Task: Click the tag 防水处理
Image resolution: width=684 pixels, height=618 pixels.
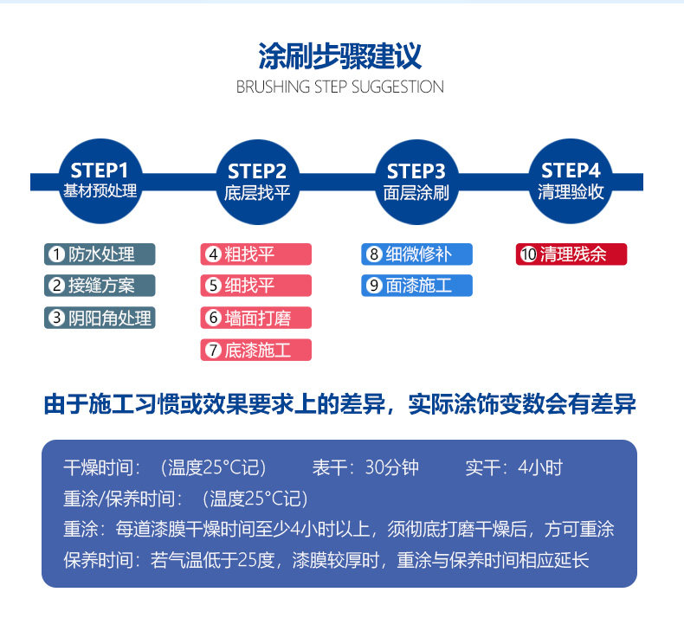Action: (x=100, y=254)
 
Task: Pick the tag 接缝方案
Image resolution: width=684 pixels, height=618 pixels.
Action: (x=100, y=285)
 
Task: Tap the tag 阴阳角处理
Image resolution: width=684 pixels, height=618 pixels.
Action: (x=100, y=318)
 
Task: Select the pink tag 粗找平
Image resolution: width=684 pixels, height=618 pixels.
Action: (x=255, y=254)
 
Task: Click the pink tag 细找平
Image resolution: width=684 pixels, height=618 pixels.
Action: (x=255, y=285)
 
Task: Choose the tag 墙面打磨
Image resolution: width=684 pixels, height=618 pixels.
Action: (x=255, y=318)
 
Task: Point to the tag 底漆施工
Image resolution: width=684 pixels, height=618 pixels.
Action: (x=255, y=350)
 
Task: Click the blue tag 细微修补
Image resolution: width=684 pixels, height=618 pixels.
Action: (x=417, y=254)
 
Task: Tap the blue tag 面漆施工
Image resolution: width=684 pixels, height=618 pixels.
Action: (x=417, y=285)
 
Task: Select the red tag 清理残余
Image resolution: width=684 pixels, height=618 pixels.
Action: (x=571, y=254)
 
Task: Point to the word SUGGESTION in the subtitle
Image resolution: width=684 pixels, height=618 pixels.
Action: (x=397, y=87)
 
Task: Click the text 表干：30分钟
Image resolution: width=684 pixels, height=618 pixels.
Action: (x=365, y=468)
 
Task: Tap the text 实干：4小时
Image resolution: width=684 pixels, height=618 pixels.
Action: (x=514, y=468)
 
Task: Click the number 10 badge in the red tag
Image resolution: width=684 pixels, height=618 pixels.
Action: (x=528, y=254)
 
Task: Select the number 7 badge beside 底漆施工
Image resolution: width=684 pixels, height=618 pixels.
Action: (x=213, y=351)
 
